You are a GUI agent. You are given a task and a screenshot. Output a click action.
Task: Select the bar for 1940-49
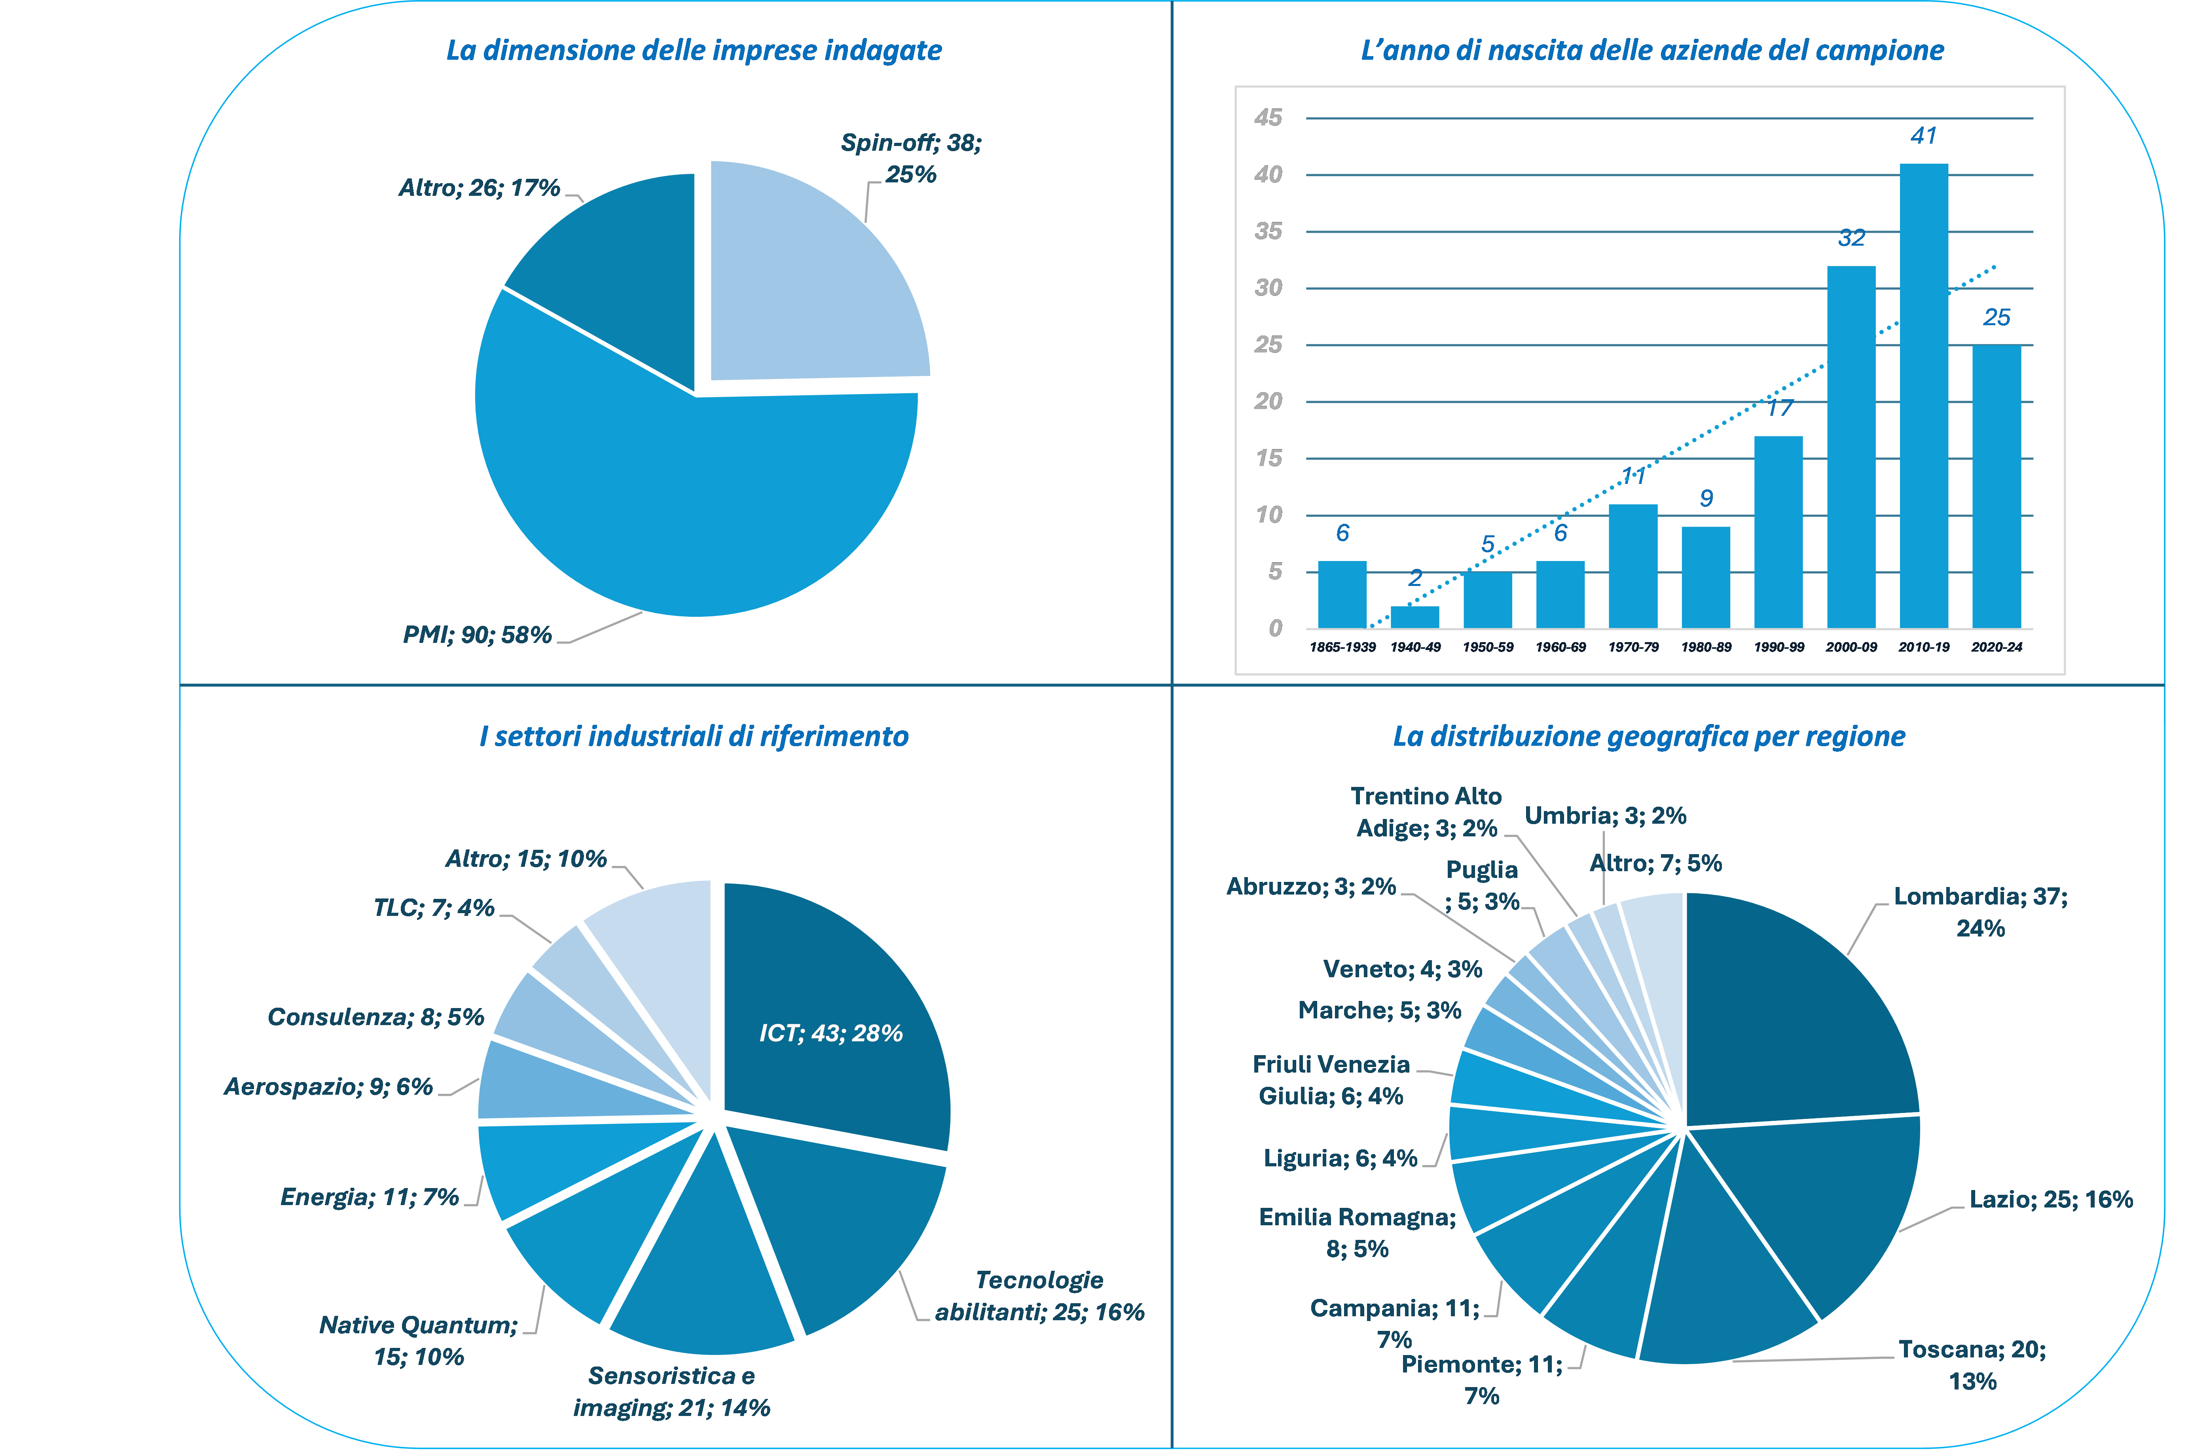pyautogui.click(x=1415, y=617)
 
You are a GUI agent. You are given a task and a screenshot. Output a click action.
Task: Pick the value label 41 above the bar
pyautogui.click(x=1924, y=136)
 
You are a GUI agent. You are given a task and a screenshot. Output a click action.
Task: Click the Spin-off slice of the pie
pyautogui.click(x=814, y=277)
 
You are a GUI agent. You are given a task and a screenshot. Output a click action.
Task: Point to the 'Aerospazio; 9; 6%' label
pyautogui.click(x=328, y=1086)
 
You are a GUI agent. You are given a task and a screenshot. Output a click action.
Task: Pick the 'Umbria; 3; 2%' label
pyautogui.click(x=1606, y=816)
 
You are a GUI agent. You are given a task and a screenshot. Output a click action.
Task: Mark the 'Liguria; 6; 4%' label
pyautogui.click(x=1340, y=1159)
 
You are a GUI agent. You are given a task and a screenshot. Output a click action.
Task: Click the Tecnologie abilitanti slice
pyautogui.click(x=832, y=1230)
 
